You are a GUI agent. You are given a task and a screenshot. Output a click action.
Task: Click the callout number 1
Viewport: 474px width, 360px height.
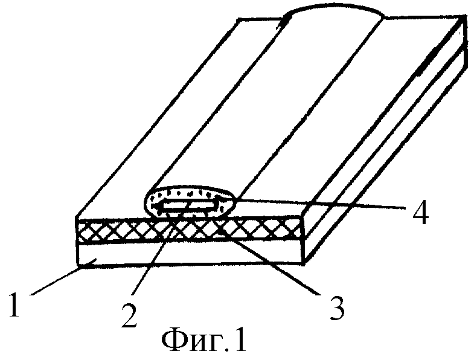[14, 304]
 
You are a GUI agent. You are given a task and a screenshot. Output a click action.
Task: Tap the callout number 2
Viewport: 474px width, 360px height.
[129, 315]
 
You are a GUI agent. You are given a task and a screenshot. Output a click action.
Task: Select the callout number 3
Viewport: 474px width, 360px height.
[337, 307]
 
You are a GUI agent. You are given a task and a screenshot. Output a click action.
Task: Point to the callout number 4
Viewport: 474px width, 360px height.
[421, 212]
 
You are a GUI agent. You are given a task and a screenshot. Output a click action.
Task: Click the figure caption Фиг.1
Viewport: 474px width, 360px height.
[203, 340]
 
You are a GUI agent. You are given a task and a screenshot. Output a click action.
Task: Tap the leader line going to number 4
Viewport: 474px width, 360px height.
[321, 204]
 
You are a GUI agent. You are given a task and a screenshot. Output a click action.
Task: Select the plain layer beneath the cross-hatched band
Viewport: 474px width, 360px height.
[190, 254]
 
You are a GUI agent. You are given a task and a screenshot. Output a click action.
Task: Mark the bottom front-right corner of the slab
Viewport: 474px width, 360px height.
[304, 264]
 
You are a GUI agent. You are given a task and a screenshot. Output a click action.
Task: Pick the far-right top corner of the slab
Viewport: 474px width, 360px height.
[464, 16]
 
